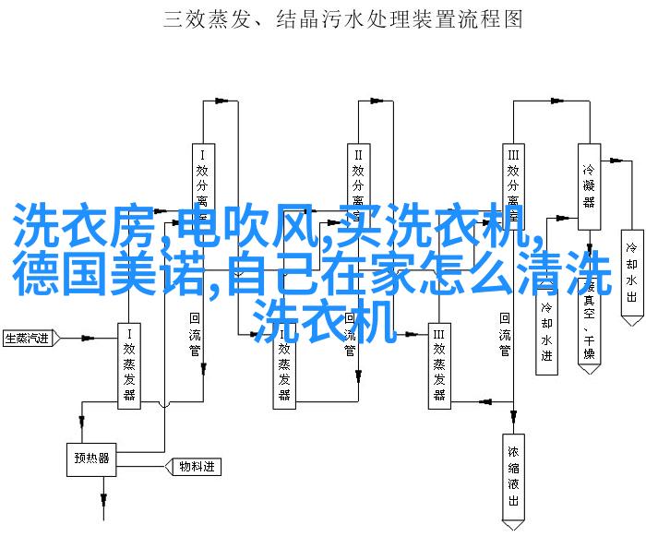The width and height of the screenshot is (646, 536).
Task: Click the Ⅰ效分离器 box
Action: pyautogui.click(x=203, y=185)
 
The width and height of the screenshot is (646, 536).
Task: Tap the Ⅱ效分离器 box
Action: pyautogui.click(x=358, y=185)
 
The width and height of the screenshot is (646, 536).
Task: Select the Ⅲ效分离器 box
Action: pyautogui.click(x=513, y=185)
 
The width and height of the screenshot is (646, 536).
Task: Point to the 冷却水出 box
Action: pyautogui.click(x=631, y=274)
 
